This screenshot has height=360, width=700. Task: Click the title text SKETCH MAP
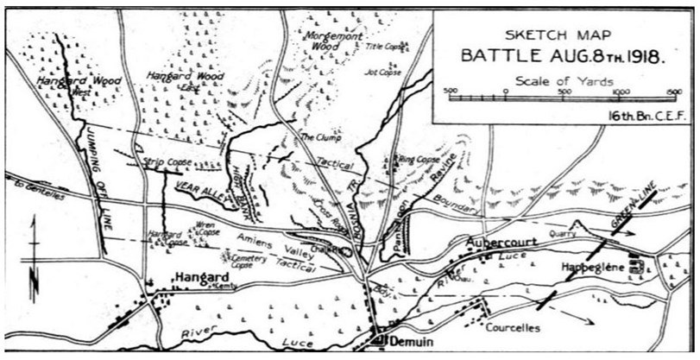560,36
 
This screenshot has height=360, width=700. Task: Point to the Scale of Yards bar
565,98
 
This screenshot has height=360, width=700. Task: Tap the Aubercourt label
503,244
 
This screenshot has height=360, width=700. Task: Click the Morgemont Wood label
324,41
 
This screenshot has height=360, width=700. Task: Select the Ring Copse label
418,160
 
